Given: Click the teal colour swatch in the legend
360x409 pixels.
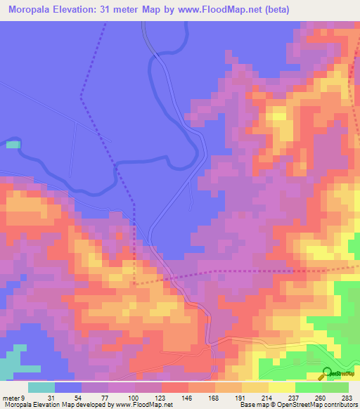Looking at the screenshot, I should tap(41, 387).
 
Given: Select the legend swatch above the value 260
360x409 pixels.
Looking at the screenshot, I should tap(309, 387).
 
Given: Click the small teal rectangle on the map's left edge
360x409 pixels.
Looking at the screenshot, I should tap(13, 144).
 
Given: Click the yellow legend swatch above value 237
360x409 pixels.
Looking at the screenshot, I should tap(282, 387).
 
